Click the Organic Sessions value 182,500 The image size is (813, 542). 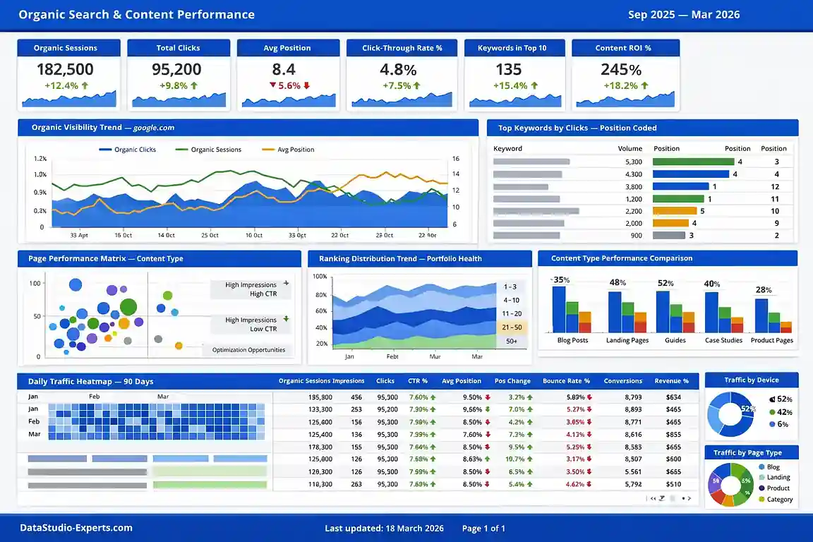pos(65,69)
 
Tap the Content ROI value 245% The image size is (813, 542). pos(621,70)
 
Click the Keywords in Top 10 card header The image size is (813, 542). pos(512,48)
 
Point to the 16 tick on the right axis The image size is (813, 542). pos(456,159)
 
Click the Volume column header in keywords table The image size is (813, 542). pos(630,149)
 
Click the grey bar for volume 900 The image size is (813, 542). pos(669,236)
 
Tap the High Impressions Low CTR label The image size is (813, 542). pos(251,324)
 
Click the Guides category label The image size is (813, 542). pos(675,340)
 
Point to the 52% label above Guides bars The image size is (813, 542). pos(665,283)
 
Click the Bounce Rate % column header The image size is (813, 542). pos(566,381)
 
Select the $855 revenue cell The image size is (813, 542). pos(673,435)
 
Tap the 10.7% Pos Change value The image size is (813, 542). pos(516,459)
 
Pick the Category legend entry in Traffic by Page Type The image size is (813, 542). pos(779,499)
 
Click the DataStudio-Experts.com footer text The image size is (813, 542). pos(76,528)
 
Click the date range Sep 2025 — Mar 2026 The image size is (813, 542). pos(683,15)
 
